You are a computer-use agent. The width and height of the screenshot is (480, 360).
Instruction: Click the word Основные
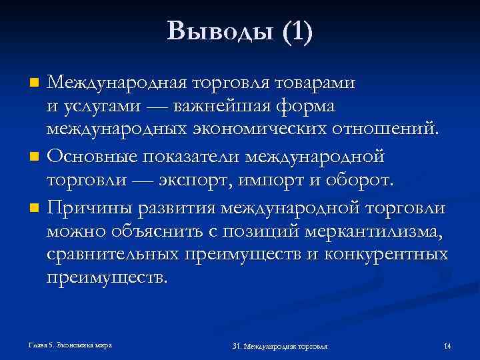point(95,157)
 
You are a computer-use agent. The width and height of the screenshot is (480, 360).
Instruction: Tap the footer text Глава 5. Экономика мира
point(70,345)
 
